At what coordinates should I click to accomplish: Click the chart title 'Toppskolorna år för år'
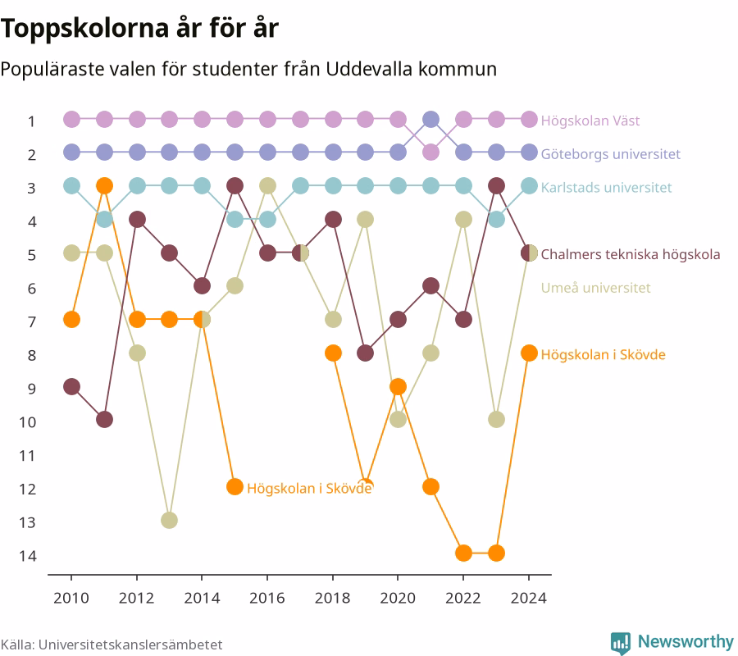coord(139,28)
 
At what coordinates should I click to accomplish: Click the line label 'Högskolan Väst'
coord(590,121)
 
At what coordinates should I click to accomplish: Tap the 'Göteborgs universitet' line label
coord(610,154)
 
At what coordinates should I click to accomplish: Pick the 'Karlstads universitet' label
coord(606,187)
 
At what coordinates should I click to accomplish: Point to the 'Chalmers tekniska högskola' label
coord(631,254)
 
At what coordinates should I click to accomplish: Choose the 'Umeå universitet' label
coord(595,288)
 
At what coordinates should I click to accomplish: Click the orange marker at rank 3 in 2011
coord(104,186)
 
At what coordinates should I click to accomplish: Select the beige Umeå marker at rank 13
coord(170,520)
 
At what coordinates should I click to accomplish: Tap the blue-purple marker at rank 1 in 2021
coord(430,120)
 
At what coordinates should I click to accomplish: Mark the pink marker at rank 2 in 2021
coord(430,153)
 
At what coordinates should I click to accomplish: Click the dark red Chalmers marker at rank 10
coord(104,419)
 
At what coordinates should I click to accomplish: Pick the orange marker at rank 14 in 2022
coord(463,553)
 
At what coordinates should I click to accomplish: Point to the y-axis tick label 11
coord(27,456)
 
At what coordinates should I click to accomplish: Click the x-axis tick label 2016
coord(267,598)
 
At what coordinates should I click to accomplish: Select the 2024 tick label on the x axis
coord(529,598)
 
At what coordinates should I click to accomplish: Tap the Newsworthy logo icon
coord(621,643)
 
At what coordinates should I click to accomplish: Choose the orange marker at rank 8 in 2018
coord(333,353)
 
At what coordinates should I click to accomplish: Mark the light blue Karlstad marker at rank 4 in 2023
coord(496,219)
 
